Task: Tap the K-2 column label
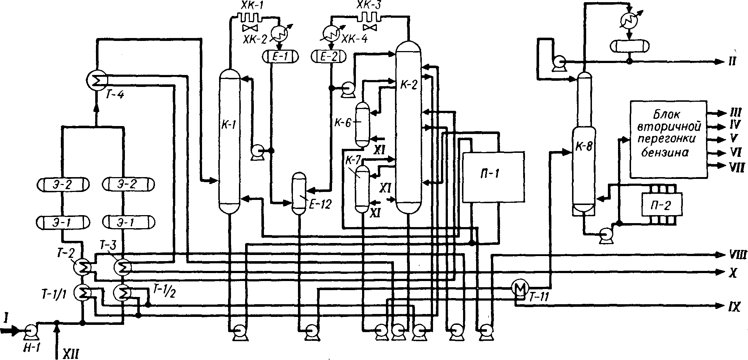pos(409,85)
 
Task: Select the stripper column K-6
pos(362,124)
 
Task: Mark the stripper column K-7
pos(362,188)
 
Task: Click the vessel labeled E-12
pos(299,194)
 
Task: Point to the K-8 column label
pos(584,148)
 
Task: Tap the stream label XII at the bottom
pos(71,352)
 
